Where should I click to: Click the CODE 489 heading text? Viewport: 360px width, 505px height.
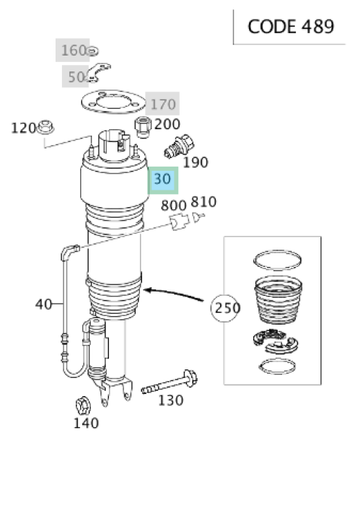[x=291, y=27]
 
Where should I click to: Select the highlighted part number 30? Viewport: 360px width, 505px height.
[x=162, y=179]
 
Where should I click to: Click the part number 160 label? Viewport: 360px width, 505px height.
[x=74, y=50]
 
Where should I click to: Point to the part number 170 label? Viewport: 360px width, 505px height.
[x=163, y=105]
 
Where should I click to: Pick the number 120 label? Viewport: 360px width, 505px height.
[x=23, y=128]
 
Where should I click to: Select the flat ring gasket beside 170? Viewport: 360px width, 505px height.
[x=113, y=102]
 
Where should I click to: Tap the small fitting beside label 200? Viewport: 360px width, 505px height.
[x=143, y=127]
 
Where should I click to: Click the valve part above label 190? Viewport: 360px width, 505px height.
[x=179, y=146]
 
